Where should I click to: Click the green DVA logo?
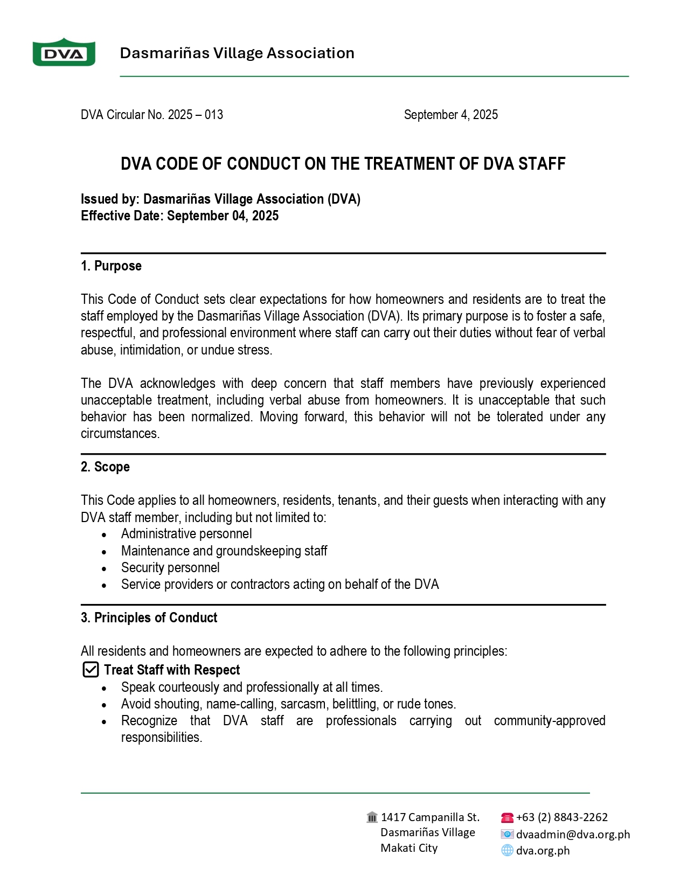click(64, 53)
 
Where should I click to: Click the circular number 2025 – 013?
click(195, 115)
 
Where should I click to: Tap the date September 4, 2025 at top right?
click(450, 115)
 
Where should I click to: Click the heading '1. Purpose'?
click(111, 266)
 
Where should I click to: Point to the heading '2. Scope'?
click(105, 467)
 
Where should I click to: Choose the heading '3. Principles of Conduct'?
click(149, 617)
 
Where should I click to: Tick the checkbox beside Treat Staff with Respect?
click(91, 670)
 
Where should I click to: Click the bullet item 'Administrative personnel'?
click(186, 534)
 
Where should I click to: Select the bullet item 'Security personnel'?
click(170, 568)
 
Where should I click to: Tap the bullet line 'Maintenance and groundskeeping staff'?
click(224, 551)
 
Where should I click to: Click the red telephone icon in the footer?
click(507, 818)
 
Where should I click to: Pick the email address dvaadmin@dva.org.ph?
click(573, 835)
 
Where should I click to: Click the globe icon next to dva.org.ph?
click(507, 850)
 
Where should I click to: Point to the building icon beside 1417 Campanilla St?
click(372, 817)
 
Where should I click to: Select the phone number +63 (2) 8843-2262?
click(561, 817)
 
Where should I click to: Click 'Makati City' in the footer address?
click(409, 848)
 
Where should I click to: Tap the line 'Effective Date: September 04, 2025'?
click(179, 216)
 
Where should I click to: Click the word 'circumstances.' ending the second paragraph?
click(120, 434)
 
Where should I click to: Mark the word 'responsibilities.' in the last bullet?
click(162, 738)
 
